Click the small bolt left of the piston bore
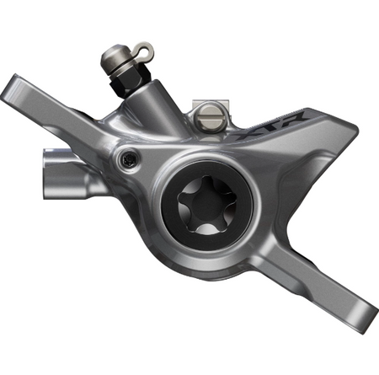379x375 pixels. click(x=129, y=157)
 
